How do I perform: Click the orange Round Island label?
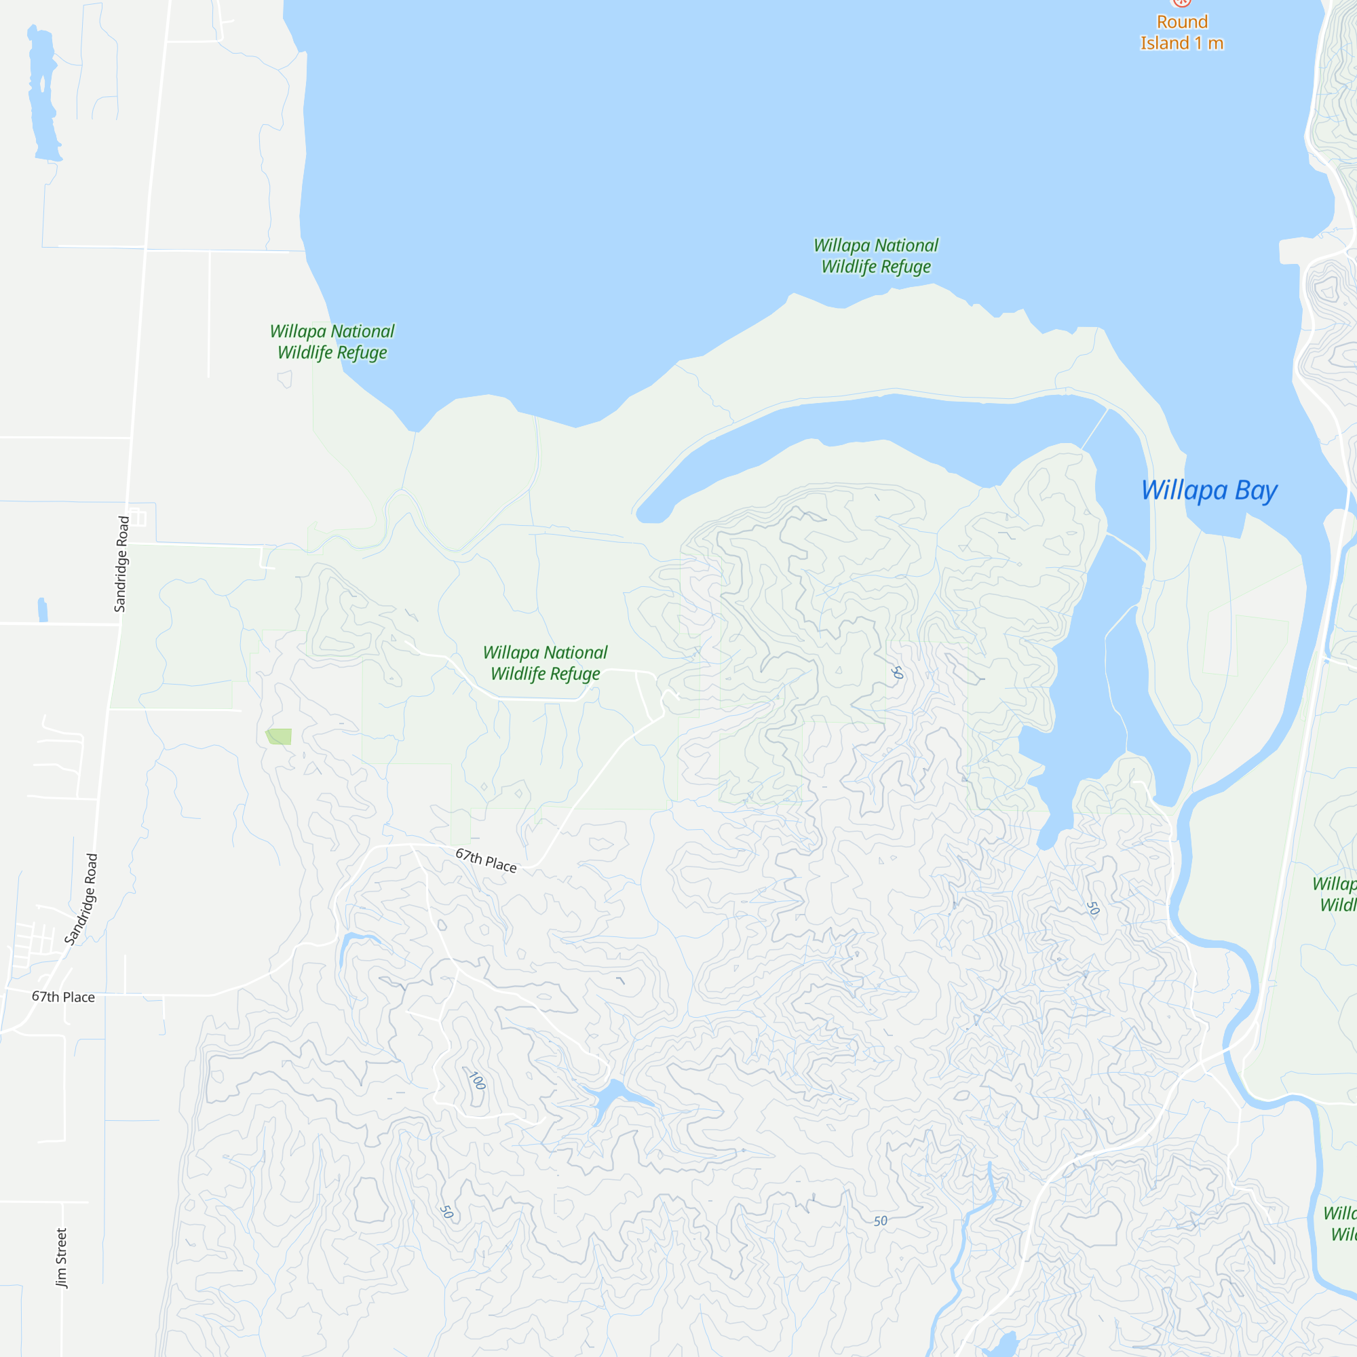coord(1181,33)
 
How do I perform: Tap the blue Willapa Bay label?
coord(1209,491)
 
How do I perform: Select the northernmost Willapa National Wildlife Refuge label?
coord(876,256)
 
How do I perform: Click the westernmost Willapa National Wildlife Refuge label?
coord(332,341)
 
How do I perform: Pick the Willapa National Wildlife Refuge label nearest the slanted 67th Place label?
coord(545,662)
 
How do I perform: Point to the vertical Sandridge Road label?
coord(122,564)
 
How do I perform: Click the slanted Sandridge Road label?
coord(81,899)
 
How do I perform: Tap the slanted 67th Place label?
coord(486,860)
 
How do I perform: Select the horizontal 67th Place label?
coord(63,997)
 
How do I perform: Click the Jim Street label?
coord(62,1257)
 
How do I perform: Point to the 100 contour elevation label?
coord(477,1080)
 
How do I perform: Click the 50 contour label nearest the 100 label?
coord(446,1212)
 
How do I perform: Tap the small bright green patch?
coord(279,736)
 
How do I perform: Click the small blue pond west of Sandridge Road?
coord(43,610)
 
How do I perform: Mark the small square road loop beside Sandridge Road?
coord(138,518)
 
